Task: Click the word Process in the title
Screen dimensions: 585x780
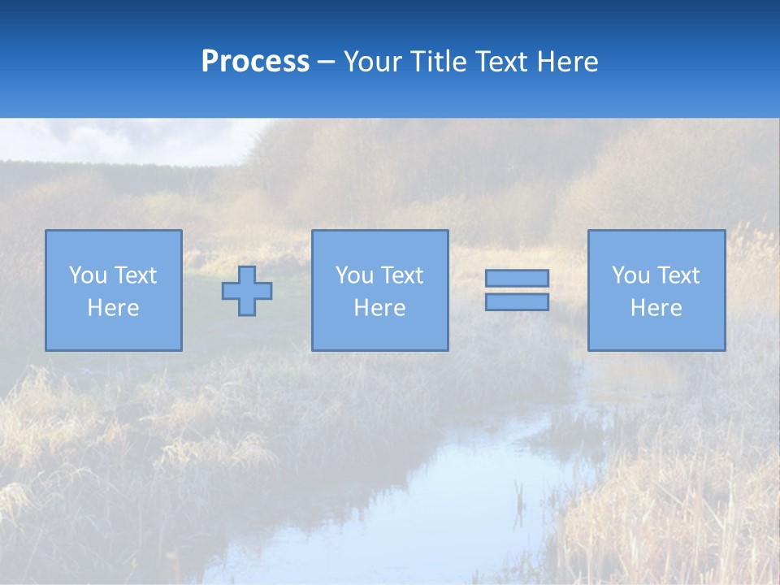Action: click(x=255, y=62)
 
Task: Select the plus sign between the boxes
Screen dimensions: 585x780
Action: click(x=247, y=291)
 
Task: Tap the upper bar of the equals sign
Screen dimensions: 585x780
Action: click(x=517, y=278)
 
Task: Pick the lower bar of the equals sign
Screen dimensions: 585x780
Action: click(x=517, y=302)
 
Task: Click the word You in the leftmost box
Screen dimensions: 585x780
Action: click(x=87, y=275)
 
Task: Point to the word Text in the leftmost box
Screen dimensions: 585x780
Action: click(x=135, y=275)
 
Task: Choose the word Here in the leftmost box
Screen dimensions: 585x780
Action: click(x=113, y=308)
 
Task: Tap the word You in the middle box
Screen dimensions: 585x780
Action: click(x=353, y=275)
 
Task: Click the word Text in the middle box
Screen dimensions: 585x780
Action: click(x=401, y=275)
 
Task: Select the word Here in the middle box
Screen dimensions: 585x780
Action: click(x=379, y=308)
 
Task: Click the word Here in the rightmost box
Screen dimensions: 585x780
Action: click(x=656, y=308)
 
